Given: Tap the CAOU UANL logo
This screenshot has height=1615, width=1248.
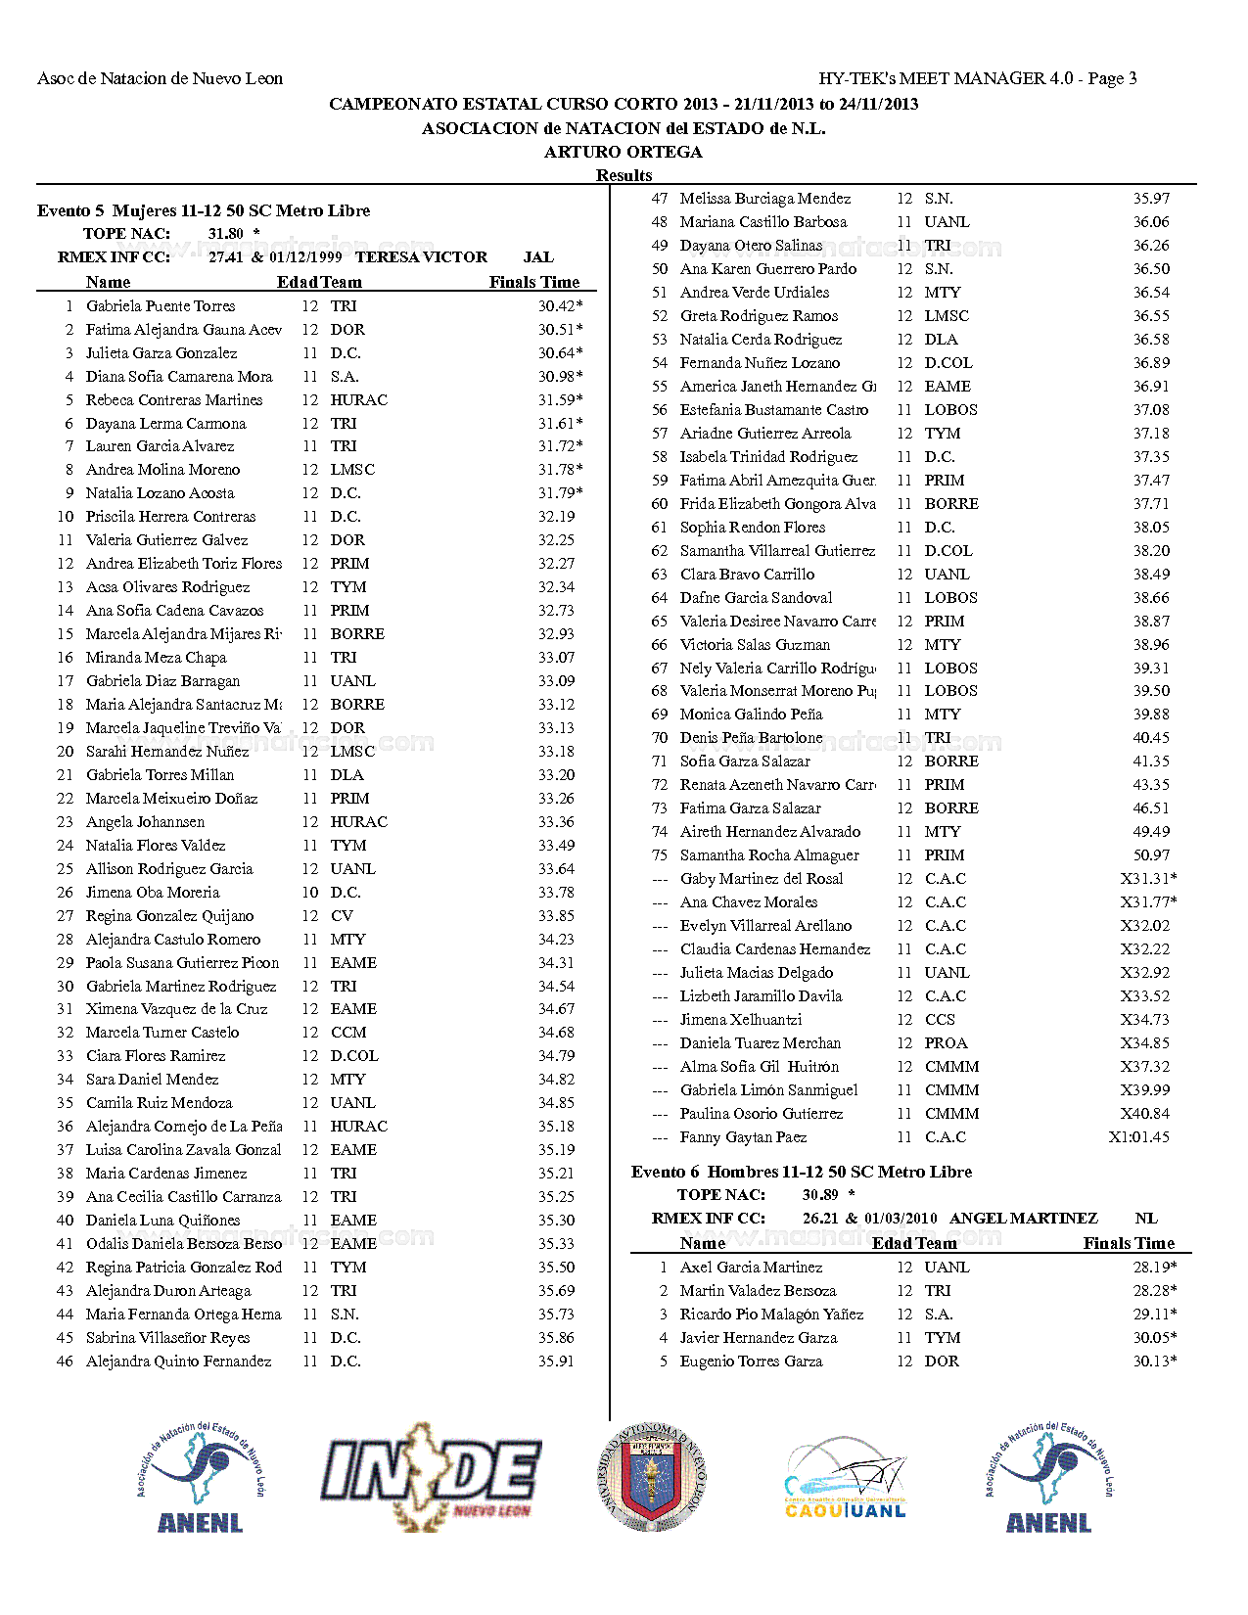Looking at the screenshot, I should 845,1479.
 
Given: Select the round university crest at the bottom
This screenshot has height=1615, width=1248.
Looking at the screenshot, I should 651,1477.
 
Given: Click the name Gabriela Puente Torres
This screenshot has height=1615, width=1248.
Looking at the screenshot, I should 161,306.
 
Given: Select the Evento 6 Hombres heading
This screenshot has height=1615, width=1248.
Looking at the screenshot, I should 802,1173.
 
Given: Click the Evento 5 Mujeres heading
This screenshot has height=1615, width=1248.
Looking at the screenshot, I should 204,210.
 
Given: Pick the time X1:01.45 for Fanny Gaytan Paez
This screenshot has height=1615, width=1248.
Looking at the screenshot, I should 1138,1137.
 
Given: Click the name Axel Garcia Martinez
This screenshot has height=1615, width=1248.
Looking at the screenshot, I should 751,1268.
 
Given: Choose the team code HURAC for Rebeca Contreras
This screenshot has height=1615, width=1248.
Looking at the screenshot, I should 358,400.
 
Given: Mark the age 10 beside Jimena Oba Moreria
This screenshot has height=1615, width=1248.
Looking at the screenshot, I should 309,893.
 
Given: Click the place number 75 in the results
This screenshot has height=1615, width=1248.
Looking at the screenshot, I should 660,855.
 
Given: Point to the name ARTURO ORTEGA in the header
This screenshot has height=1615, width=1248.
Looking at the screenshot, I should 624,152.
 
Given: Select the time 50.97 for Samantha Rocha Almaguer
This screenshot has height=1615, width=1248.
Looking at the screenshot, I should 1151,855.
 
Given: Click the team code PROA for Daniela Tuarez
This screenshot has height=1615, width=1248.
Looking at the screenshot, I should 946,1043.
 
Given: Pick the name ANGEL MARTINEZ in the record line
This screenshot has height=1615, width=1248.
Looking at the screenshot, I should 1023,1219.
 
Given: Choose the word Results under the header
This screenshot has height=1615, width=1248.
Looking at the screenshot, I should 624,175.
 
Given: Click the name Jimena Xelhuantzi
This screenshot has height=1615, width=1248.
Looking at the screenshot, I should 741,1020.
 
